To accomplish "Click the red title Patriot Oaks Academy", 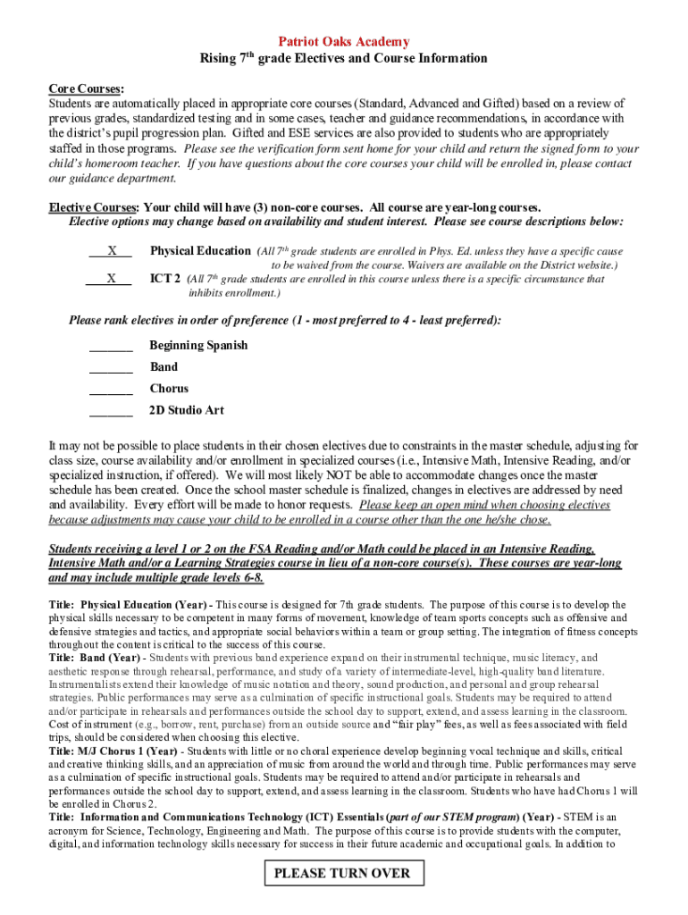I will pos(344,42).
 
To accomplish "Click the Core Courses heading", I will pos(86,89).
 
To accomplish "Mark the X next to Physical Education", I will pos(111,252).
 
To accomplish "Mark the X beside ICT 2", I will pos(111,279).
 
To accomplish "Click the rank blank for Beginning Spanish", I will pos(111,347).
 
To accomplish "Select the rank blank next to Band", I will pos(111,368).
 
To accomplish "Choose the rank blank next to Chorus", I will pos(111,390).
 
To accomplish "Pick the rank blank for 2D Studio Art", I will pos(111,411).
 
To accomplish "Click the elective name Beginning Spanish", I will pos(198,346).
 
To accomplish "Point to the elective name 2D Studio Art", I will pos(187,410).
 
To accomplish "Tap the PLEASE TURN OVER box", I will pos(342,874).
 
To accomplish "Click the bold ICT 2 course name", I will pos(165,279).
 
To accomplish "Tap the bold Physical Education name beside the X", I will pos(200,251).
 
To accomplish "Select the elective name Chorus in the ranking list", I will pos(169,389).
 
